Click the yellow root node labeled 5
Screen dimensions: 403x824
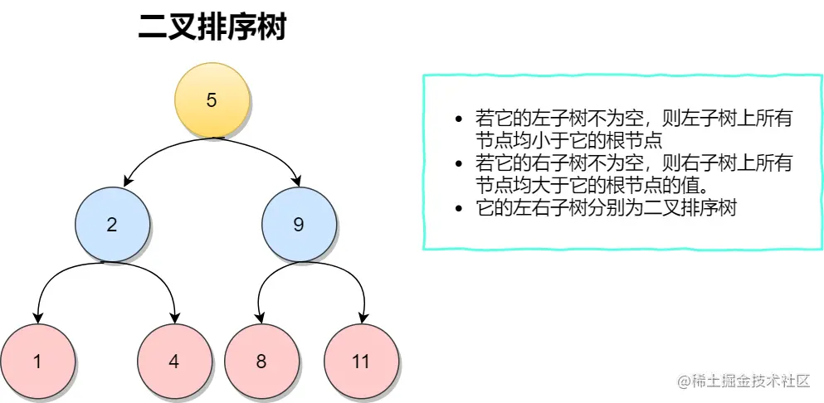(x=212, y=100)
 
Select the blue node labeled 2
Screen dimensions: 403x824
(x=113, y=224)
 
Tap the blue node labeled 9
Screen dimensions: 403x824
(x=299, y=224)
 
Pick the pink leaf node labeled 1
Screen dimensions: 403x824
(x=37, y=362)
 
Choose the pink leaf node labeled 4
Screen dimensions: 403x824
(x=173, y=362)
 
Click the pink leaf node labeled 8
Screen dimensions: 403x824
(x=261, y=362)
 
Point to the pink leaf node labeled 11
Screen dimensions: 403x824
(x=360, y=362)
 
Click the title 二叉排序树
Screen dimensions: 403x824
(x=212, y=28)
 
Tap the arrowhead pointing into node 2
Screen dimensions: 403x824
(x=126, y=182)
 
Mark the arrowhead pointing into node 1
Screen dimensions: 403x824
(x=37, y=318)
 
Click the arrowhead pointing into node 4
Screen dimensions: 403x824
(x=175, y=318)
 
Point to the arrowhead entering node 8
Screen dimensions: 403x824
(x=261, y=318)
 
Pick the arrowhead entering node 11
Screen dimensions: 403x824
(x=363, y=318)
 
